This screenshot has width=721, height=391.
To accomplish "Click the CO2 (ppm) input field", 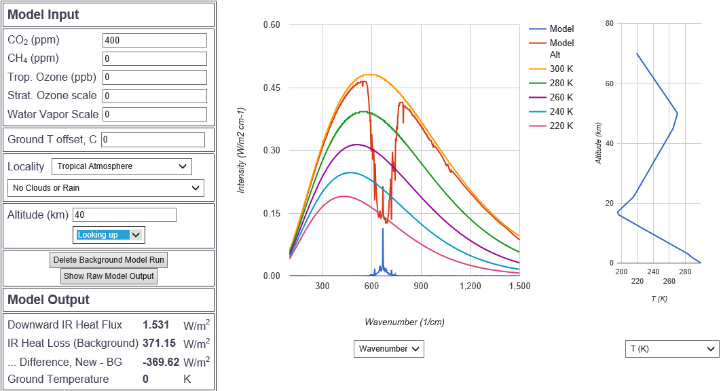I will (x=154, y=40).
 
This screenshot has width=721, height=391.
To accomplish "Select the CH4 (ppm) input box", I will (x=154, y=58).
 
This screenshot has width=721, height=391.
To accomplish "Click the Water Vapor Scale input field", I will (x=154, y=114).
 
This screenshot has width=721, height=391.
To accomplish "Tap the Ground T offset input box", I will (x=153, y=140).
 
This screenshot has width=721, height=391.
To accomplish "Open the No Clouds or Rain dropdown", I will (x=105, y=188).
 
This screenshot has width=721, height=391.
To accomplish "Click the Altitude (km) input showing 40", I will (x=124, y=215).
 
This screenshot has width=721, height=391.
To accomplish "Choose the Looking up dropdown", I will (x=109, y=235).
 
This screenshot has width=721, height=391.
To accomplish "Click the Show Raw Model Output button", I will (x=109, y=276).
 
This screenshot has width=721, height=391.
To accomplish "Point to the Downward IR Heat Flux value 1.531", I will (x=155, y=325).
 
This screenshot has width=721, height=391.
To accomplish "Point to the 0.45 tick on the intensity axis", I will (x=272, y=88).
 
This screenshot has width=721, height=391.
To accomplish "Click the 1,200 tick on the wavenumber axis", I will (x=470, y=286).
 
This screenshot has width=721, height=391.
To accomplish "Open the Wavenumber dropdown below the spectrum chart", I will (x=389, y=349).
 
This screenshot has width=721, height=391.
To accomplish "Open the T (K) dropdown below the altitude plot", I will (x=671, y=349).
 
